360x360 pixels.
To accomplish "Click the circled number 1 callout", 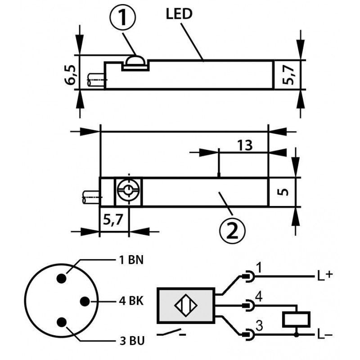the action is (123, 17).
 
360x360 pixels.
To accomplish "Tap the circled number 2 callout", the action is (232, 230).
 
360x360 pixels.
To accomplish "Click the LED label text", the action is (179, 14).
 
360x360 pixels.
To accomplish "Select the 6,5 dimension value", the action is (70, 75).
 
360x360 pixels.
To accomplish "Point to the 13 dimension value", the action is (245, 145).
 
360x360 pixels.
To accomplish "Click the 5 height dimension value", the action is (283, 192).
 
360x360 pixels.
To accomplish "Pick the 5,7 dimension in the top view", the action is (288, 75).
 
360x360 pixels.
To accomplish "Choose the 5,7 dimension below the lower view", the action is (113, 220).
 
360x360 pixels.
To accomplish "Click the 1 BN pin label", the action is (131, 260).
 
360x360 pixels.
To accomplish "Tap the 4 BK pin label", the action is (131, 301).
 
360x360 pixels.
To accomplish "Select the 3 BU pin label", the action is (132, 341).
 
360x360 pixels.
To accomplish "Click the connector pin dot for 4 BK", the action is (85, 301).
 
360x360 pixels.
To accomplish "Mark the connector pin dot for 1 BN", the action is (62, 279).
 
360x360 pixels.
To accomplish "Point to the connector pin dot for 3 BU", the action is (62, 322).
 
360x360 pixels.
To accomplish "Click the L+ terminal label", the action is (325, 276).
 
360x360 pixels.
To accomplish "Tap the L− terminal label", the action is (324, 335).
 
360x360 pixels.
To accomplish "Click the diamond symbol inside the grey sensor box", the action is (186, 306).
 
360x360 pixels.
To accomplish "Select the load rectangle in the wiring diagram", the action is (296, 319).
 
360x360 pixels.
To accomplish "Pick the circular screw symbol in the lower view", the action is (128, 190).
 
